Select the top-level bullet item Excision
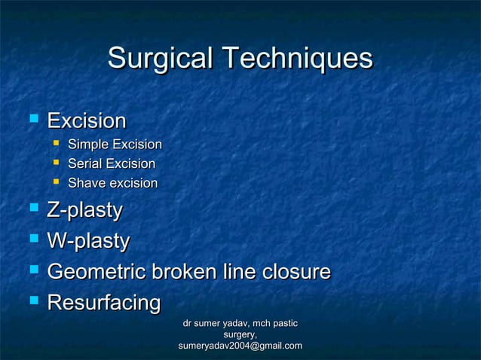coord(87,121)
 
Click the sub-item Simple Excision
coord(115,145)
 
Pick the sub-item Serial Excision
coord(112,164)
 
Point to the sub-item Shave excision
coord(112,183)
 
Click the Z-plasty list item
coord(84,211)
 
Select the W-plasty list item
coord(88,241)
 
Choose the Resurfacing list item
coord(104,302)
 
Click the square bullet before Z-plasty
coord(32,209)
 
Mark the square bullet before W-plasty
coord(32,239)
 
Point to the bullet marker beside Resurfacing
coord(32,301)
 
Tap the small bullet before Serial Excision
coord(55,163)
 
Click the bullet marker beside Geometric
coord(32,270)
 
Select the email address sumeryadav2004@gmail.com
coord(240,346)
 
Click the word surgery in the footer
coord(240,334)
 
